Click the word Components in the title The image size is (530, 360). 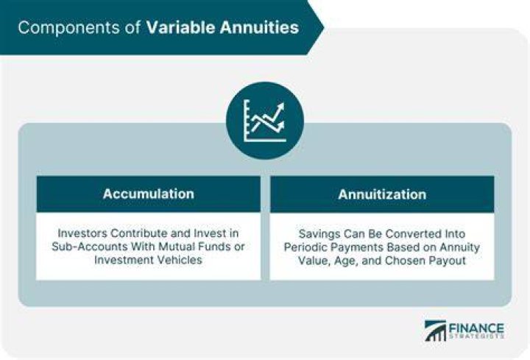point(68,27)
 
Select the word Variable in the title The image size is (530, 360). point(180,27)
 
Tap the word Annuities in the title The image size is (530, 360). point(259,27)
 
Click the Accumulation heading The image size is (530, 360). point(149,194)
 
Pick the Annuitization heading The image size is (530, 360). point(382,194)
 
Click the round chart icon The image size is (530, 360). point(265,121)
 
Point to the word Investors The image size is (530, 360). point(82,233)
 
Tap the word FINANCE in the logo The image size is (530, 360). point(476,328)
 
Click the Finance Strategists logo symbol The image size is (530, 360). point(435,331)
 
